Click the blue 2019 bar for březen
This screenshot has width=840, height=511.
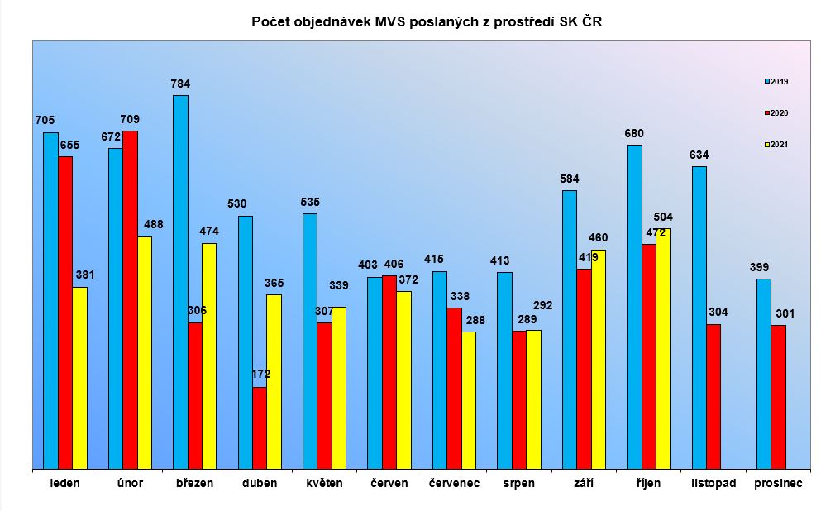[x=180, y=281]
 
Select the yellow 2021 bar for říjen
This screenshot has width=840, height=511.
[x=663, y=348]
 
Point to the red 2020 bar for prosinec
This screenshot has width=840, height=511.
[x=778, y=397]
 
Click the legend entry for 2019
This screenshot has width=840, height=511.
[x=776, y=81]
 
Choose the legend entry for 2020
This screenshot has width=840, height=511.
[x=776, y=112]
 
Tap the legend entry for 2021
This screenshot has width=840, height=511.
[x=776, y=145]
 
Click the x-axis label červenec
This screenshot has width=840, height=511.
[x=454, y=484]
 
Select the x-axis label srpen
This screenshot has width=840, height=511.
[x=518, y=484]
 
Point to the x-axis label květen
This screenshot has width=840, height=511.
[x=324, y=484]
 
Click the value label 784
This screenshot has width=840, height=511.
[x=180, y=84]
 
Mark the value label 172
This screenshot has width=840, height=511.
[x=260, y=375]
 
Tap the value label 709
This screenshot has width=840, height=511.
[x=130, y=119]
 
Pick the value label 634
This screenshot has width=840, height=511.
[x=699, y=155]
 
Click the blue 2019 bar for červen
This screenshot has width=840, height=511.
[x=375, y=372]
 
